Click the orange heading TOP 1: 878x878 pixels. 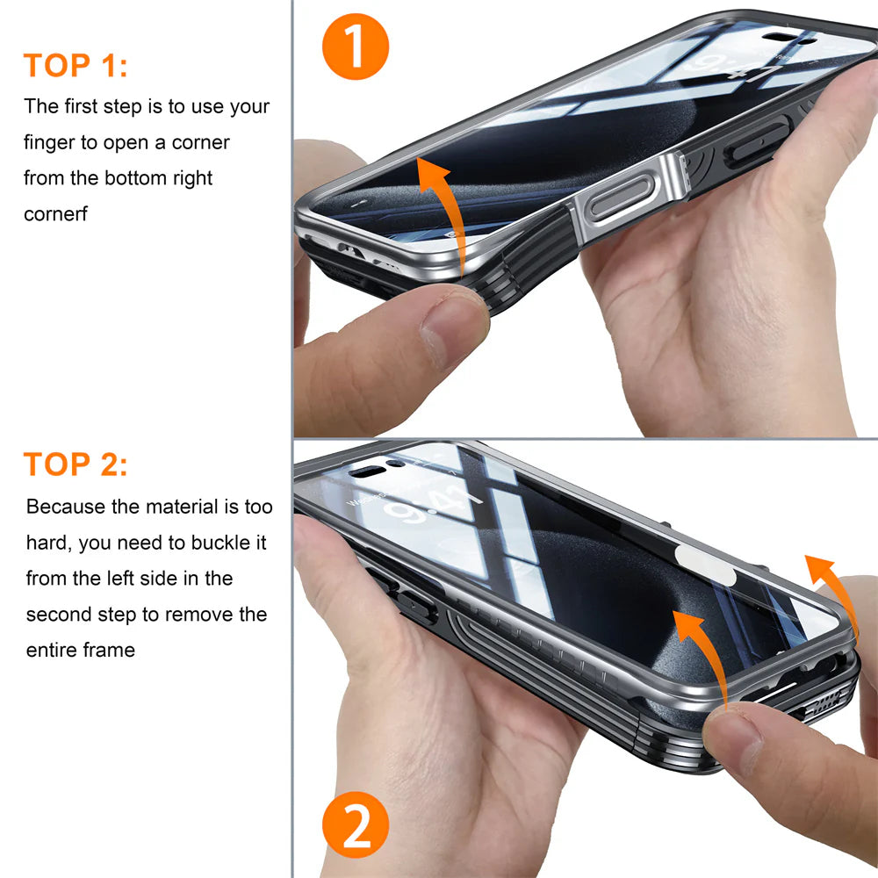(x=76, y=66)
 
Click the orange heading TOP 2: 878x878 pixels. (x=76, y=464)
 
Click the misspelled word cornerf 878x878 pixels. (x=55, y=214)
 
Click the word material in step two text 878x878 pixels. (x=183, y=507)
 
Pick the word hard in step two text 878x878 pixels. (x=46, y=543)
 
